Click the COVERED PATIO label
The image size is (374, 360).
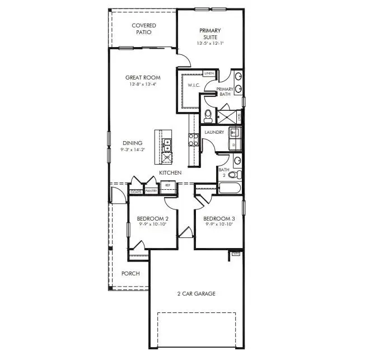point(143,29)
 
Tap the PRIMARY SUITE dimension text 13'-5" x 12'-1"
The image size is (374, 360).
point(210,43)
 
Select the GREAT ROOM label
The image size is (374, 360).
point(143,78)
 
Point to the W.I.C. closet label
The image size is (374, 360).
point(194,86)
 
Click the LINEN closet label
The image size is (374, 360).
point(209,73)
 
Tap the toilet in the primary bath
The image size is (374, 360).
point(208,116)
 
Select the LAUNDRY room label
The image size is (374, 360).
point(214,132)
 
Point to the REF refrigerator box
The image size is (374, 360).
point(167,183)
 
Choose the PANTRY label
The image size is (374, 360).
point(151,191)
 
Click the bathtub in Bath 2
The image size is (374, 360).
point(230,186)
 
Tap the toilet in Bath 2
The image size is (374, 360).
point(233,175)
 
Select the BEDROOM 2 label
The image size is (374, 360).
point(153,218)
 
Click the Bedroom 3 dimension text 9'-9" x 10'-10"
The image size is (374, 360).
point(218,224)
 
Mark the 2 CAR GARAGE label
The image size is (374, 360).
point(197,293)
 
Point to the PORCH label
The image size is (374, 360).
point(130,273)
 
